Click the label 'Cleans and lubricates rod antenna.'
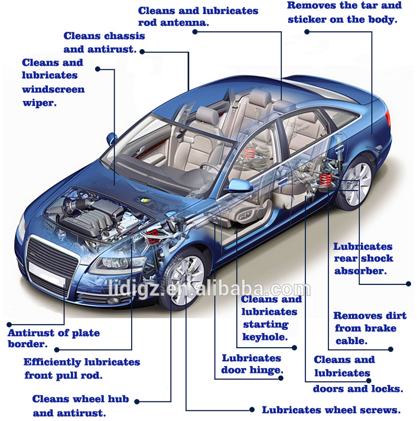[x=198, y=17]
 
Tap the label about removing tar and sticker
[x=344, y=12]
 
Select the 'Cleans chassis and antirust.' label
[x=104, y=43]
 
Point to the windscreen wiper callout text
[x=53, y=82]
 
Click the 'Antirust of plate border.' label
[x=53, y=338]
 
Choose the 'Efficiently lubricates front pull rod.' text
[x=82, y=368]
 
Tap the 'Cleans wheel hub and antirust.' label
[x=80, y=406]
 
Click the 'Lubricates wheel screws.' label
[x=331, y=409]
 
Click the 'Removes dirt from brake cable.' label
[x=364, y=328]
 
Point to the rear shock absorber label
[x=363, y=258]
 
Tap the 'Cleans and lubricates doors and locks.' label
[x=358, y=374]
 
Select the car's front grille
[x=52, y=255]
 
